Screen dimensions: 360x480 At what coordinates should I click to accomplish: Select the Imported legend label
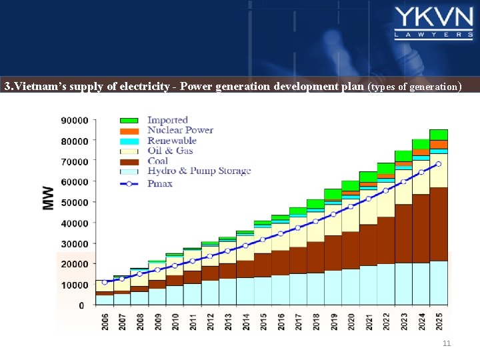tap(167, 120)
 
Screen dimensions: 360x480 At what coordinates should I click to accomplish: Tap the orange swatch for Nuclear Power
tap(129, 131)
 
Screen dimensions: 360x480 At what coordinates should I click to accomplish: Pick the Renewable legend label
tap(171, 141)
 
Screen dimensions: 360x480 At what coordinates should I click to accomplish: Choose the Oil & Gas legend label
tap(170, 151)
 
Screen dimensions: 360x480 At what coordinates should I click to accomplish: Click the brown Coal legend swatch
tap(129, 161)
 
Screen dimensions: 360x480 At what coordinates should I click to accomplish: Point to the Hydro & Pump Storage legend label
tap(199, 171)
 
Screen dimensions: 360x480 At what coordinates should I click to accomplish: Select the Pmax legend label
tap(160, 183)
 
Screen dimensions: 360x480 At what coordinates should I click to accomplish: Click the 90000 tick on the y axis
tap(74, 121)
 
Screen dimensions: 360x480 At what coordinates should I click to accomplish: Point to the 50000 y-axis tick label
tap(74, 203)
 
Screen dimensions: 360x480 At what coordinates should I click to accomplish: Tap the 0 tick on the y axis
tap(81, 306)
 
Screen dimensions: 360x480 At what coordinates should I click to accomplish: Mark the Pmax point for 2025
tap(438, 164)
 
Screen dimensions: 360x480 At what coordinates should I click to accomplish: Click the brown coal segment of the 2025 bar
tap(439, 223)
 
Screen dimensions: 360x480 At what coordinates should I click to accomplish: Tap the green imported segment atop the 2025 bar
tap(439, 135)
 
